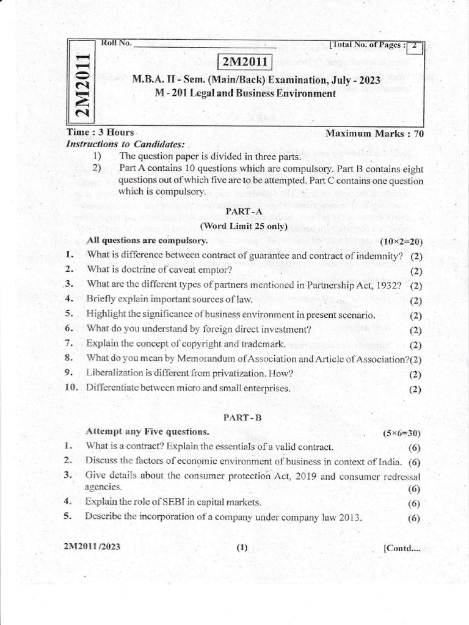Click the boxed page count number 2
point(414,46)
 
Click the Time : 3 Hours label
point(101,132)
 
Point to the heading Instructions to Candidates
point(125,144)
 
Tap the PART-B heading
point(243,417)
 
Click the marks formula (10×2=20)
point(401,242)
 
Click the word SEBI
point(165,502)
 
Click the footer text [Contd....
point(401,547)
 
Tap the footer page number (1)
point(242,547)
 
